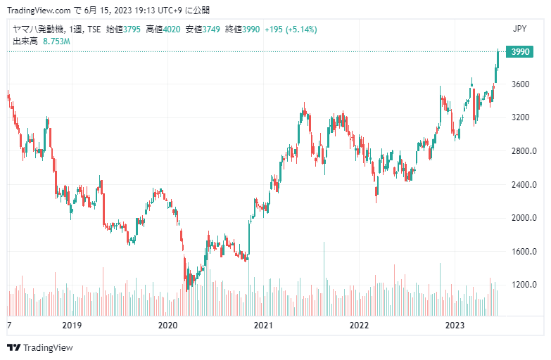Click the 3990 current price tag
click(520, 52)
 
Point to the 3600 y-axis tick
click(520, 84)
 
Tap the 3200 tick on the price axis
click(520, 117)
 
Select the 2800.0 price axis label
click(524, 150)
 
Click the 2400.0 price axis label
click(524, 184)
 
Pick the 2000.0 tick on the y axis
click(524, 218)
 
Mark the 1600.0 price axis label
click(524, 252)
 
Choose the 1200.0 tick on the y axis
click(524, 285)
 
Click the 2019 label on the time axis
click(72, 326)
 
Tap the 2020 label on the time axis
click(167, 326)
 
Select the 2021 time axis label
click(263, 326)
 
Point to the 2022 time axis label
click(359, 326)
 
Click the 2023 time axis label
click(455, 326)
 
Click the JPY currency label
click(520, 29)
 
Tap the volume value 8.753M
click(56, 41)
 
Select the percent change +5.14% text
click(301, 30)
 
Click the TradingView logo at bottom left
click(40, 347)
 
